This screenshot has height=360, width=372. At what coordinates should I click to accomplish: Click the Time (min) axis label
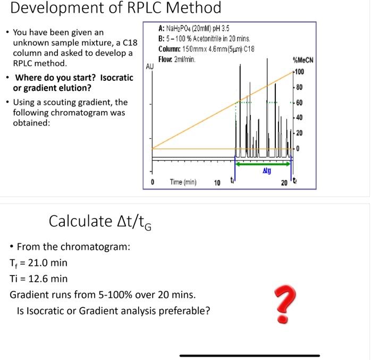click(x=183, y=182)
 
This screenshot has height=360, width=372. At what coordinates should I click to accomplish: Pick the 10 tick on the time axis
click(x=217, y=183)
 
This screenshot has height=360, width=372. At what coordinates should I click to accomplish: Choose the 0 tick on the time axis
click(x=152, y=183)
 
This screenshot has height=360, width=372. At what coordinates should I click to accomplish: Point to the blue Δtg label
click(x=266, y=172)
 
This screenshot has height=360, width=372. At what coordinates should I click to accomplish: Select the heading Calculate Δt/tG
click(x=100, y=221)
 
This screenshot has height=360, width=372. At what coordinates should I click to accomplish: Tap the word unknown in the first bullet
click(x=29, y=43)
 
